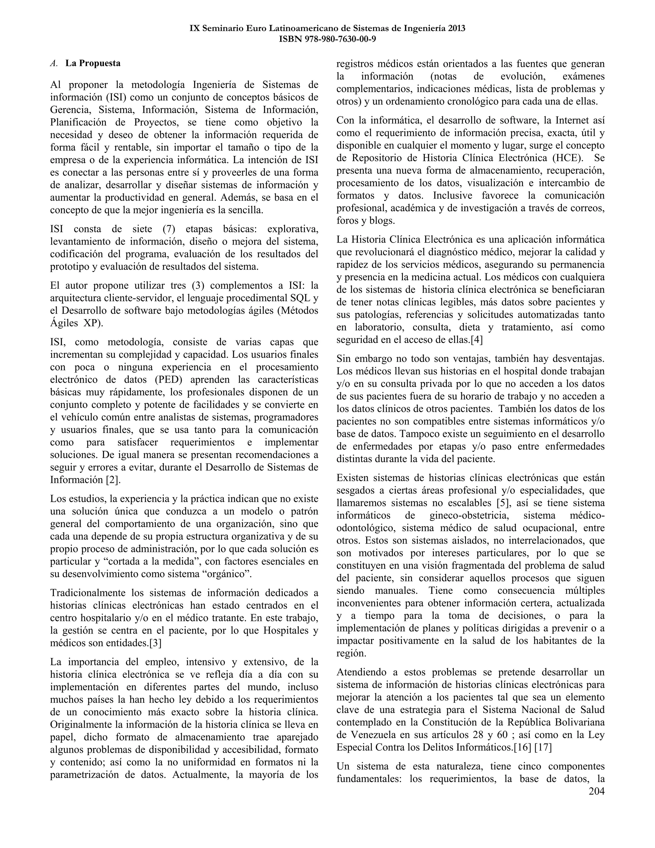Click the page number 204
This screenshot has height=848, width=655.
point(596,791)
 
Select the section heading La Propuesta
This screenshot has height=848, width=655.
point(93,63)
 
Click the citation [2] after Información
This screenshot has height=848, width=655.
point(113,480)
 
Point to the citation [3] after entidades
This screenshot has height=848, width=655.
point(155,643)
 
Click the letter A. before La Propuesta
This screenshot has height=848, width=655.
point(54,63)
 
